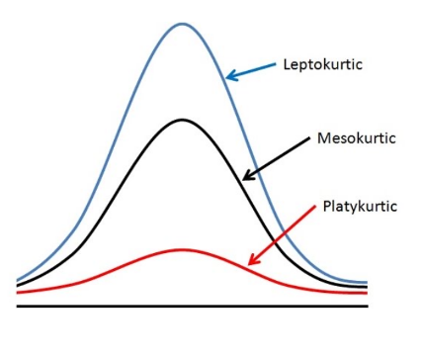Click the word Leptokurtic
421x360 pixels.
click(323, 64)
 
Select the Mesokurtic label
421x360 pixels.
click(357, 137)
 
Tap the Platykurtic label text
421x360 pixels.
click(360, 207)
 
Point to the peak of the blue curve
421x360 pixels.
click(182, 24)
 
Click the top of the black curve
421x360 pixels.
click(182, 120)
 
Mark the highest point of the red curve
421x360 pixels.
click(181, 249)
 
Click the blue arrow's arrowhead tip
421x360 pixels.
click(226, 78)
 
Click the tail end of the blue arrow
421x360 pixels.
click(276, 63)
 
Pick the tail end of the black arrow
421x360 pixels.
click(309, 137)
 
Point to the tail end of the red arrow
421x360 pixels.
click(315, 206)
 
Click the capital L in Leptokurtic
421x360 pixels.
click(288, 64)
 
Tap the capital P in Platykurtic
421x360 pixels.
click(327, 206)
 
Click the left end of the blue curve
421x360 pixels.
click(17, 280)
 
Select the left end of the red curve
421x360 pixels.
click(17, 293)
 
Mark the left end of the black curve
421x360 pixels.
click(17, 285)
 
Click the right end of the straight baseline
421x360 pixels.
click(368, 307)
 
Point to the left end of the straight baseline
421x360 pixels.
click(17, 307)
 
